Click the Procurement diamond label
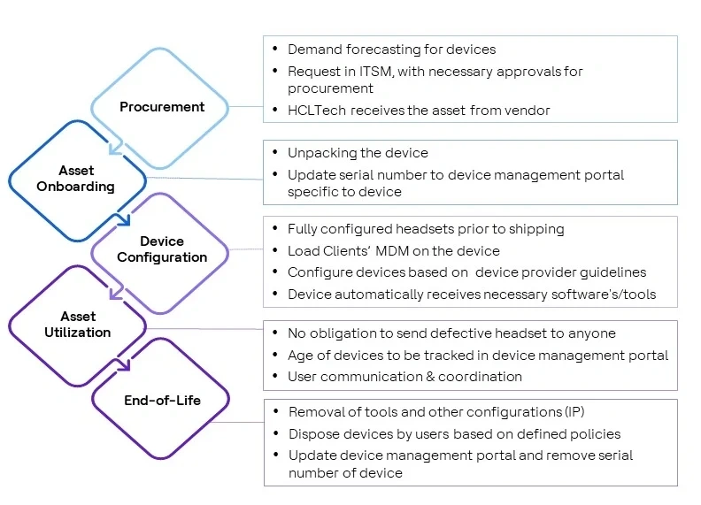click(x=162, y=107)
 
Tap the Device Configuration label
click(x=162, y=249)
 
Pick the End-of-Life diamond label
click(x=162, y=401)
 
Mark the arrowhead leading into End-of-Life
click(x=125, y=364)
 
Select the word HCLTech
click(x=316, y=111)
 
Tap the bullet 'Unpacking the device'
click(x=358, y=153)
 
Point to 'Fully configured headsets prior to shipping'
click(x=426, y=229)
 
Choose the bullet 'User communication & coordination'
click(x=404, y=377)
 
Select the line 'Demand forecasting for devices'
click(x=391, y=50)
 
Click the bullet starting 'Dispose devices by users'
click(x=454, y=434)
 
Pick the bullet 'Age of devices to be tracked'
click(x=478, y=356)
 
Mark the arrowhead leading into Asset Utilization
click(x=113, y=293)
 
